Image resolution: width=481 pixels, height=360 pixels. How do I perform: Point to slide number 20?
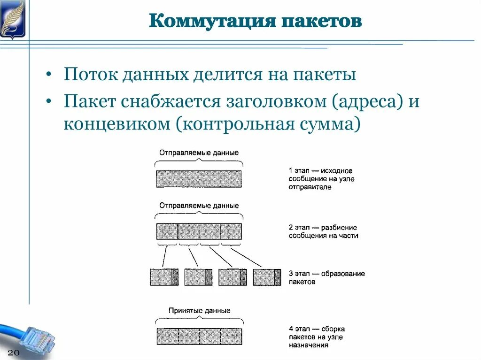coord(14,352)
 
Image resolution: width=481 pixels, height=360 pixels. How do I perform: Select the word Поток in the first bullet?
coord(90,75)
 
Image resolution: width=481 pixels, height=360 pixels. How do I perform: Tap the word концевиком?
coord(118,124)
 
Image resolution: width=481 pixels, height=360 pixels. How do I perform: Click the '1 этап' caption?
coord(320,179)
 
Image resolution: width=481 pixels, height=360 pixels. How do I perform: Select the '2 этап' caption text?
coord(323,231)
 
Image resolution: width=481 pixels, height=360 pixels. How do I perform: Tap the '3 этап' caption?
coord(326,277)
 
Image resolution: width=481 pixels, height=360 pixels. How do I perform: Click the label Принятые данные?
coord(199,311)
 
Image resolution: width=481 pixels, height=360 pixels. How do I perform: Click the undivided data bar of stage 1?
coord(199,179)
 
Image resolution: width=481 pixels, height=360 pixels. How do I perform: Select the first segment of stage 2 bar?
coord(167,231)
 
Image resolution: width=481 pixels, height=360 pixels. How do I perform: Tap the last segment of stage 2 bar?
coord(231,231)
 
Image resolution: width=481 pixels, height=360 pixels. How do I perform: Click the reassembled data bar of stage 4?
coord(199,337)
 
